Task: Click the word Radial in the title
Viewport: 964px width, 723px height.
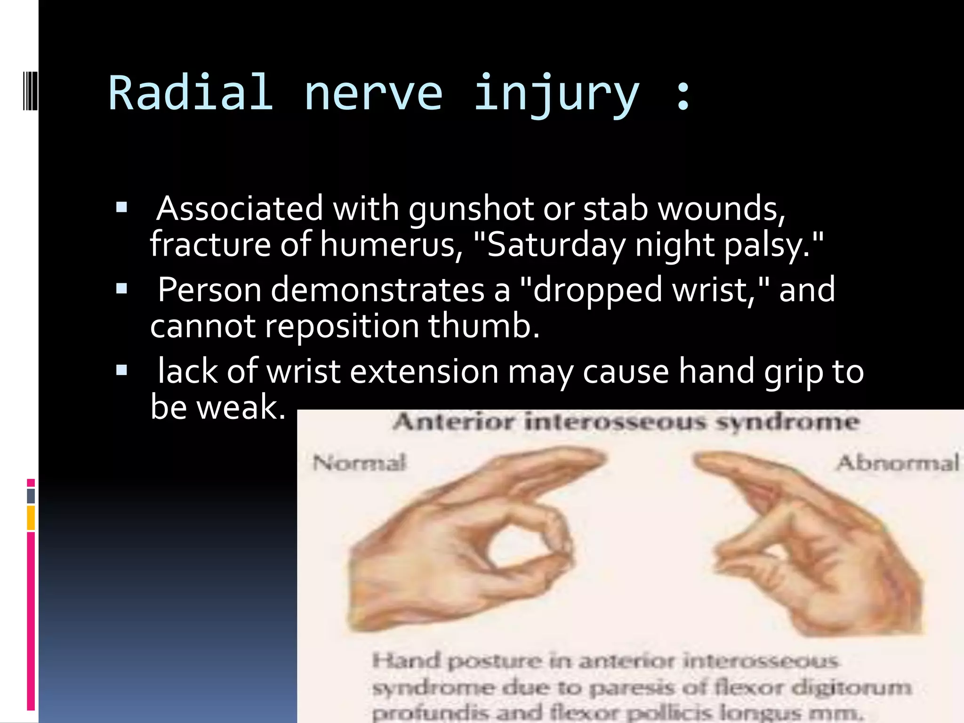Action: pyautogui.click(x=191, y=93)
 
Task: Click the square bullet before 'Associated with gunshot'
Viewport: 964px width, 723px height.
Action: pyautogui.click(x=121, y=208)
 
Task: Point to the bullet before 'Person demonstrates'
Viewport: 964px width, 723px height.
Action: pyautogui.click(x=121, y=289)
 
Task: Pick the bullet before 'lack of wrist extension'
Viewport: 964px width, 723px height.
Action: pyautogui.click(x=121, y=370)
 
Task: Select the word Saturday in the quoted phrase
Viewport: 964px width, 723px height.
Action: pyautogui.click(x=556, y=245)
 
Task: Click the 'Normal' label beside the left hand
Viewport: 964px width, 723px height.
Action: pyautogui.click(x=359, y=463)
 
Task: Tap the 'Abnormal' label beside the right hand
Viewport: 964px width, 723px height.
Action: pyautogui.click(x=898, y=463)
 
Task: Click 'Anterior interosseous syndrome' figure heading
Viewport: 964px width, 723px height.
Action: pyautogui.click(x=626, y=421)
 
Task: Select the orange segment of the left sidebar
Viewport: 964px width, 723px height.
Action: pyautogui.click(x=31, y=518)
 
